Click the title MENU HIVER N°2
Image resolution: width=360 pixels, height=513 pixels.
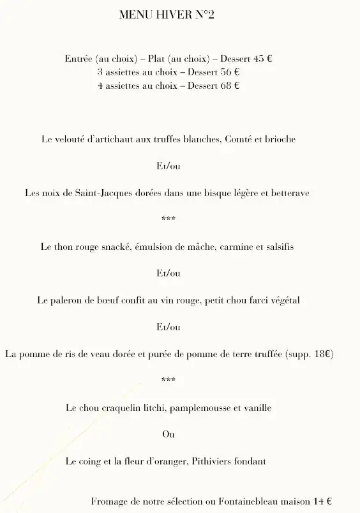167,15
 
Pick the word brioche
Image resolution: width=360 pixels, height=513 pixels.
280,139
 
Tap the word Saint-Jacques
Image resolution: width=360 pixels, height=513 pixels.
95,192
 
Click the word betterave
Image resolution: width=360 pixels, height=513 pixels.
290,192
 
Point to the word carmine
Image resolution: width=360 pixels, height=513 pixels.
234,246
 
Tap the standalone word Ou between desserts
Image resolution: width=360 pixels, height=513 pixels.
169,434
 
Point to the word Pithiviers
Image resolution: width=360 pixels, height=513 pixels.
212,461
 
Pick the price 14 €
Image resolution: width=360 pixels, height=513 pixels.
322,502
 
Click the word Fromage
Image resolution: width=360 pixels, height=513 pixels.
110,502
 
